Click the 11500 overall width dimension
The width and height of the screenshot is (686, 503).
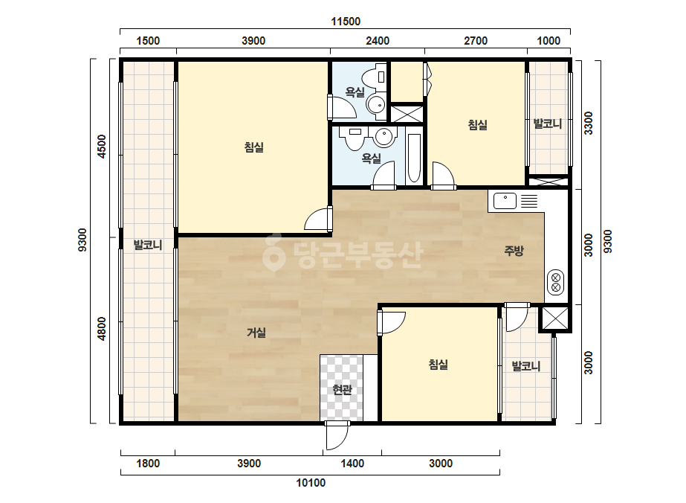345,22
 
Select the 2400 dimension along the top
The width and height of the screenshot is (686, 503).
377,41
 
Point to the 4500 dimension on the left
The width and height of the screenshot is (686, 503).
102,147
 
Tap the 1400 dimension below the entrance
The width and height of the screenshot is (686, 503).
352,463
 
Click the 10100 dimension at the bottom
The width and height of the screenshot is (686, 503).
311,483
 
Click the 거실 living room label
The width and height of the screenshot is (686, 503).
256,333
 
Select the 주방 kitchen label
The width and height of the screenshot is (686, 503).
514,251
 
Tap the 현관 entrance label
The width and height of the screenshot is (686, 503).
342,389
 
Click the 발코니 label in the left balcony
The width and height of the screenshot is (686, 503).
148,245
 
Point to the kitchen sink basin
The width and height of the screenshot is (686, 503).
505,201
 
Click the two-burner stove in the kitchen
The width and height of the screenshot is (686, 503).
556,282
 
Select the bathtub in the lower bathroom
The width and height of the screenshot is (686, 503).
414,158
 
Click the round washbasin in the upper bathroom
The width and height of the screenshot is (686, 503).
376,104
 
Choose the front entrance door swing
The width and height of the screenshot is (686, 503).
337,435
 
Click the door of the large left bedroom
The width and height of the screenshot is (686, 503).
319,219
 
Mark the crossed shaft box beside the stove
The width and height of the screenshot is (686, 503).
555,318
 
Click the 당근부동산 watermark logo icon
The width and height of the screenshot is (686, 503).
274,252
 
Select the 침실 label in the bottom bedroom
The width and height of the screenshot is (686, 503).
439,364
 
